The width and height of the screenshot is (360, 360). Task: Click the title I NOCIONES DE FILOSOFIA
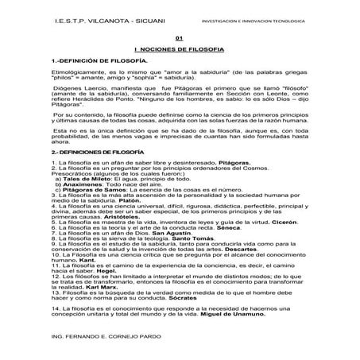(179, 49)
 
